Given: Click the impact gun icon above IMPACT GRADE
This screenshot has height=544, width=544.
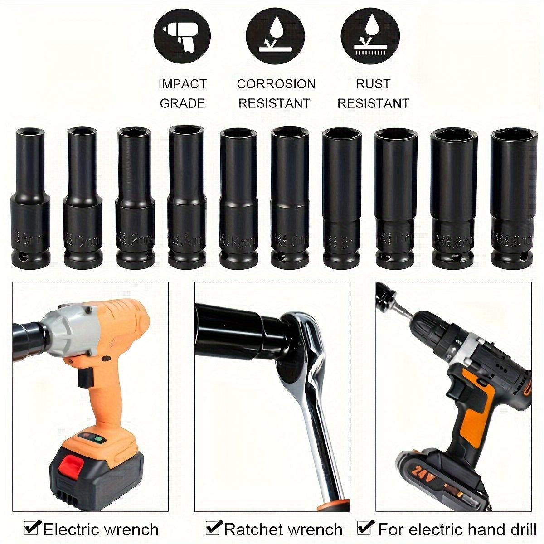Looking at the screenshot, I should coord(182,35).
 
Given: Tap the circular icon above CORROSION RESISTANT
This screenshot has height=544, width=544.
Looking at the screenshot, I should coord(275,35).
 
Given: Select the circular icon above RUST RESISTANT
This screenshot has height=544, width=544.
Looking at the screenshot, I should coord(370,35).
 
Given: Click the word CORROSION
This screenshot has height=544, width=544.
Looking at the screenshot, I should coord(276,84).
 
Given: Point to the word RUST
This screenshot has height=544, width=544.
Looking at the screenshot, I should coord(373,84).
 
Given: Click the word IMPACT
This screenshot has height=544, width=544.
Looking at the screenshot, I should coord(182,84).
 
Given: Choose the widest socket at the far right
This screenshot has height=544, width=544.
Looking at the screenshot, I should coord(514,199).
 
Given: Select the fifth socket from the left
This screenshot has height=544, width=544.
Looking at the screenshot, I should coord(238,199).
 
